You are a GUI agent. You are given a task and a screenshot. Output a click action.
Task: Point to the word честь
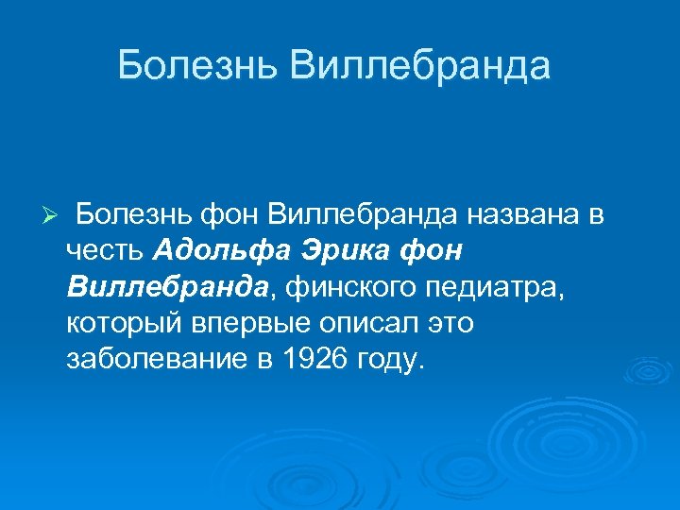click(x=105, y=251)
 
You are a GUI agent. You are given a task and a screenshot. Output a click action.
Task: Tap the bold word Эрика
click(x=348, y=251)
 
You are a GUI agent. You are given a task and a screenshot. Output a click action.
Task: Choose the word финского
click(x=341, y=287)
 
